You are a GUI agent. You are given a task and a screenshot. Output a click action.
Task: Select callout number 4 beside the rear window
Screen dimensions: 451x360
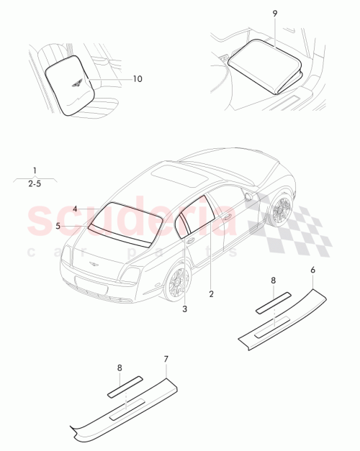click(75, 209)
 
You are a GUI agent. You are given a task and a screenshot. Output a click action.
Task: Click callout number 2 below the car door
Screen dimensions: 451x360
click(211, 293)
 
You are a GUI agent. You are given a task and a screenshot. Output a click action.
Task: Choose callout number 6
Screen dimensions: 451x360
click(312, 270)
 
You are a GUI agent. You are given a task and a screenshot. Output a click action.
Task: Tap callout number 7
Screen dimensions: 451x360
click(166, 358)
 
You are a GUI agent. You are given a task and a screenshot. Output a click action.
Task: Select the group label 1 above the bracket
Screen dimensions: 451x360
click(34, 170)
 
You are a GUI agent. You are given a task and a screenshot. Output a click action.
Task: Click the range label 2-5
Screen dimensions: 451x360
click(34, 184)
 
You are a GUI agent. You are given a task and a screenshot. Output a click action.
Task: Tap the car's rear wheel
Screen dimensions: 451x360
click(176, 283)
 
